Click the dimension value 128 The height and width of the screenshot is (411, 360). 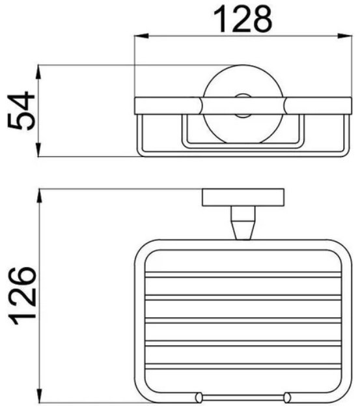pyautogui.click(x=243, y=19)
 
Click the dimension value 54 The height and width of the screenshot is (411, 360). pyautogui.click(x=21, y=110)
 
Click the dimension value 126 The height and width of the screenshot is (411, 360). pyautogui.click(x=22, y=296)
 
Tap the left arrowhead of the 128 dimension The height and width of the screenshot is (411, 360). pyautogui.click(x=141, y=36)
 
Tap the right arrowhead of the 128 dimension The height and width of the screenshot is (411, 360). pyautogui.click(x=344, y=36)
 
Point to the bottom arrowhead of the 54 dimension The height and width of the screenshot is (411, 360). pyautogui.click(x=38, y=149)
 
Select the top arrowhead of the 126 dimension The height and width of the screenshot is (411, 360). pyautogui.click(x=39, y=196)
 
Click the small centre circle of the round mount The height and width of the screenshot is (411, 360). pyautogui.click(x=242, y=106)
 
